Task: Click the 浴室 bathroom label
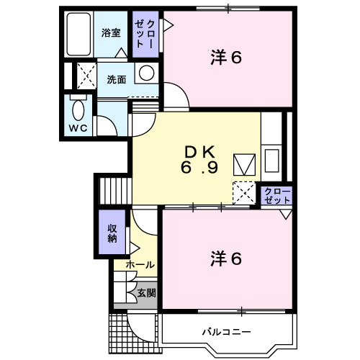(x=110, y=32)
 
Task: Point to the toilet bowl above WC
(x=78, y=110)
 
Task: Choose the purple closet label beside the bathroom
(x=145, y=34)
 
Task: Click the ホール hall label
(x=140, y=265)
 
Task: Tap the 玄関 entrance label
(x=146, y=294)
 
